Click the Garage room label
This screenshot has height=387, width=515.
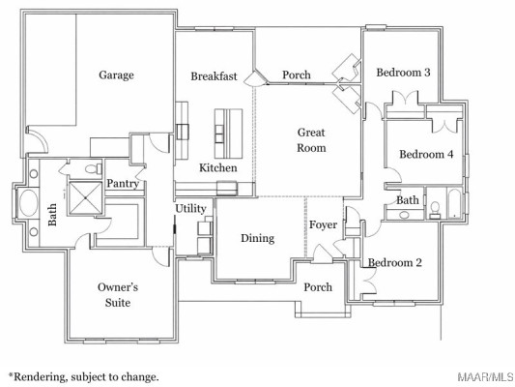116,75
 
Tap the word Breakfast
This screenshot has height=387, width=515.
214,76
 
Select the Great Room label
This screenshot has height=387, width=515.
311,141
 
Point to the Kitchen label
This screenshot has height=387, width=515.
217,168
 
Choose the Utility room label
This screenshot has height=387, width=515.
189,209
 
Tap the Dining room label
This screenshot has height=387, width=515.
257,238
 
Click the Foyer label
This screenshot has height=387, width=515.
323,225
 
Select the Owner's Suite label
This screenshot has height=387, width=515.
119,295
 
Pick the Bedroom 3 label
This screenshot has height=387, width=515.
403,73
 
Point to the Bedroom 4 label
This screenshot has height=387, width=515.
426,155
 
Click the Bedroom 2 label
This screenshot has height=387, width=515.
394,263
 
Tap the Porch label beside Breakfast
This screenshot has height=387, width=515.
296,75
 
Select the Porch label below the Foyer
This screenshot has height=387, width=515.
318,287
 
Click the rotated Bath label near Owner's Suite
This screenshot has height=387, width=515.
53,212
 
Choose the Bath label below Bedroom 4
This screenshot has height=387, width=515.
407,200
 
